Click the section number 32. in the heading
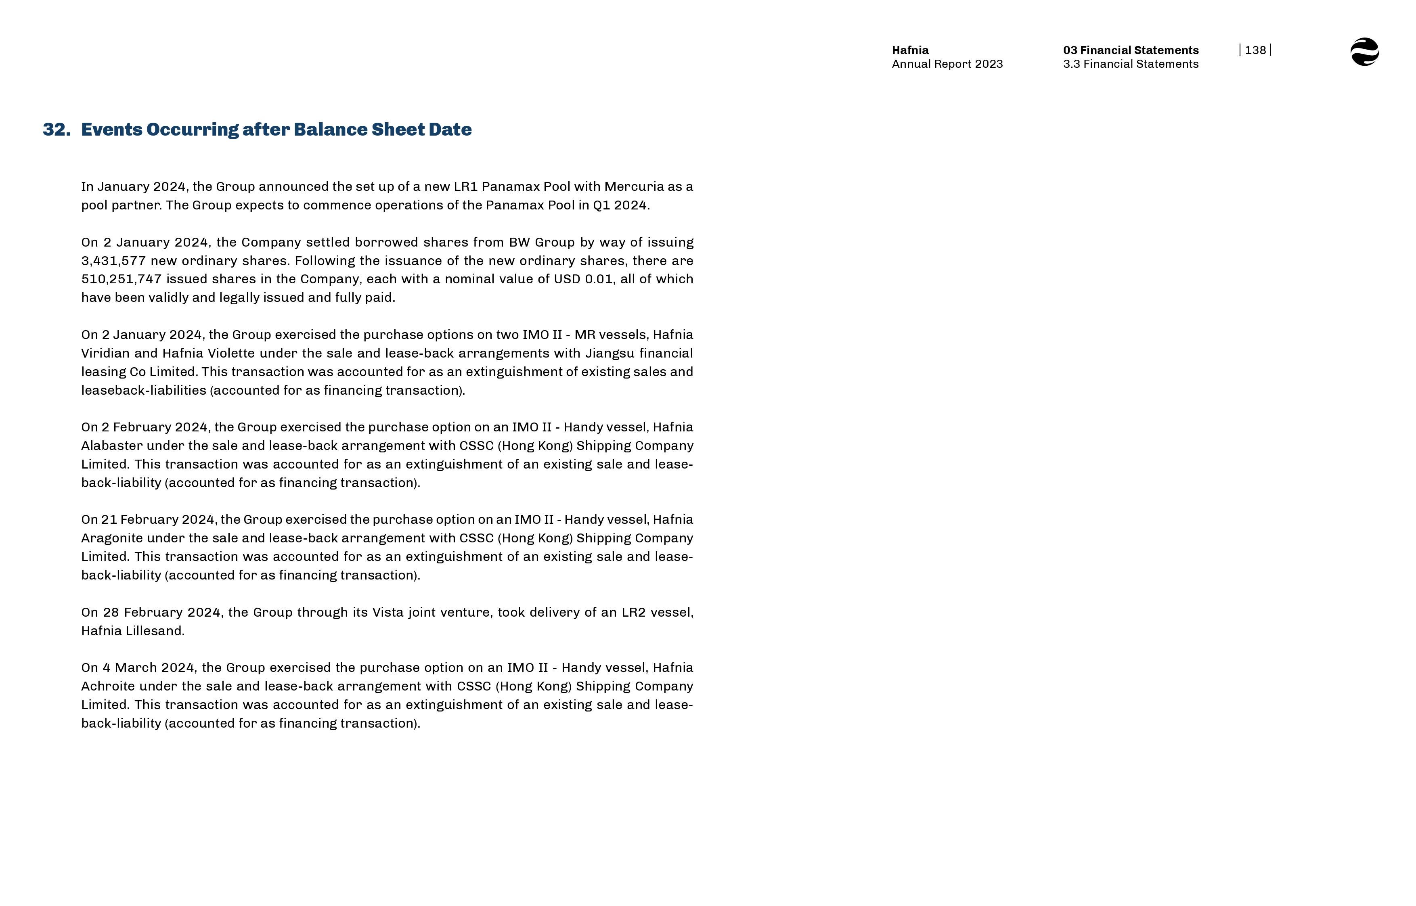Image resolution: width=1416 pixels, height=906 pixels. pos(57,130)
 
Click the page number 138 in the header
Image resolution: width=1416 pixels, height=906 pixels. pos(1255,50)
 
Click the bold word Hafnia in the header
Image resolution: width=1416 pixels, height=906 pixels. pos(910,50)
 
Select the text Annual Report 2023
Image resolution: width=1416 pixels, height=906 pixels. pos(947,64)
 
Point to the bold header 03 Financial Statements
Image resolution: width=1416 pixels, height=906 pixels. pos(1130,50)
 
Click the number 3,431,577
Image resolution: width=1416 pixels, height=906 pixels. pos(113,261)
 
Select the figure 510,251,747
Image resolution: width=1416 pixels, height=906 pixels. pos(121,279)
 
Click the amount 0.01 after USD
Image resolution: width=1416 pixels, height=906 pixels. pos(599,279)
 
